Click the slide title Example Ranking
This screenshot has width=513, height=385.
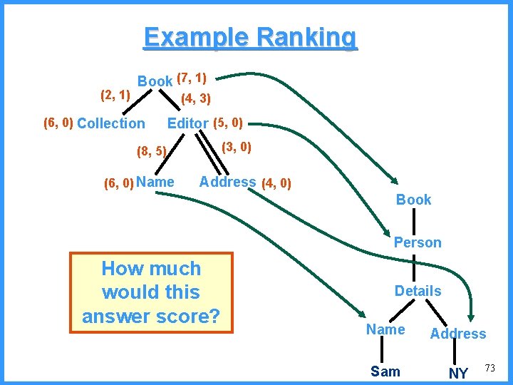click(x=250, y=37)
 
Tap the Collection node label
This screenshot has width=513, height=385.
click(x=110, y=123)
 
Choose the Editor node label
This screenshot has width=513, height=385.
click(x=187, y=123)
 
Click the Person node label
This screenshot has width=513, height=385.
click(x=418, y=242)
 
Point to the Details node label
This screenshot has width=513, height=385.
click(x=418, y=291)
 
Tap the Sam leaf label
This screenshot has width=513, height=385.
click(x=385, y=371)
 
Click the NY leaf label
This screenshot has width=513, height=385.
click(x=458, y=373)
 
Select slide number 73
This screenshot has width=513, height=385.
click(x=489, y=368)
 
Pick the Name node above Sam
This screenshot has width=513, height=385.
click(x=385, y=329)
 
